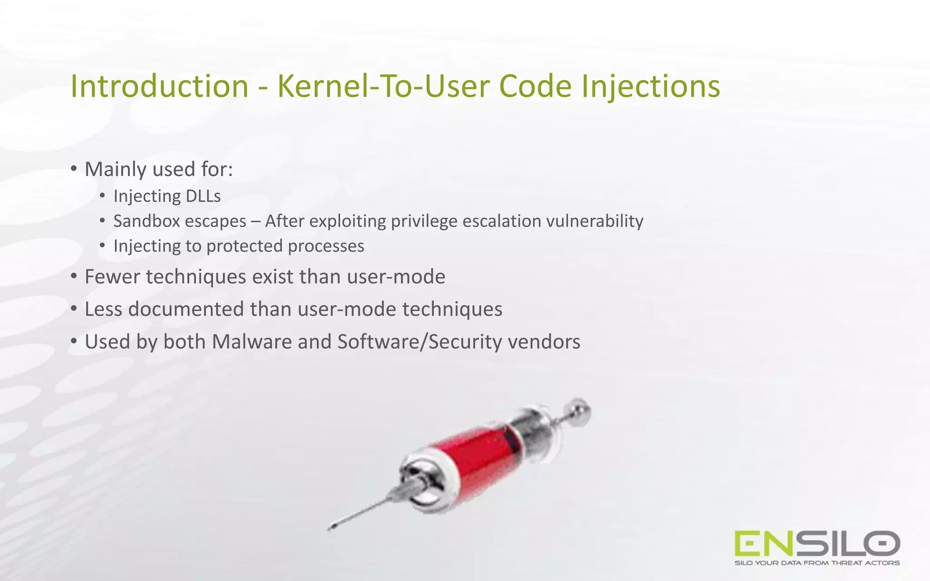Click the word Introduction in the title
tap(159, 86)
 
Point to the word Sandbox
tap(145, 221)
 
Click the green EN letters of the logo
tap(764, 543)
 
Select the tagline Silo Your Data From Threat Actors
tap(817, 563)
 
